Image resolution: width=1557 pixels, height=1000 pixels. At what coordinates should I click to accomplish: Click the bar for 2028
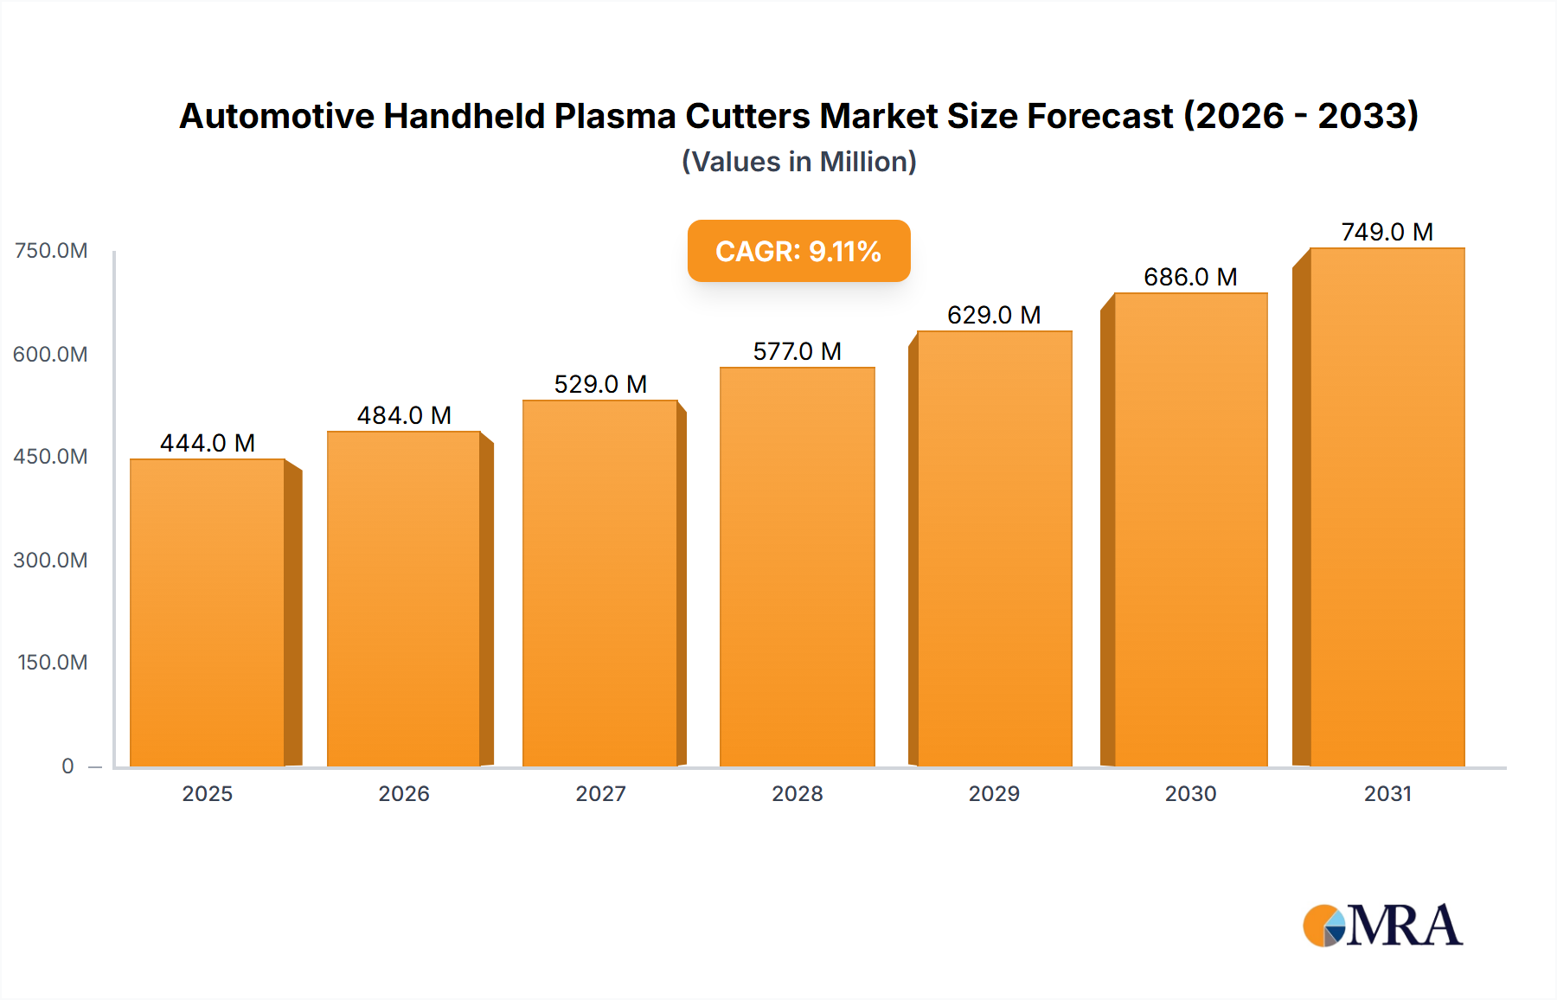[x=797, y=567]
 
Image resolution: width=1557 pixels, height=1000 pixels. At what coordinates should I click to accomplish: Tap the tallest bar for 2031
[x=1387, y=507]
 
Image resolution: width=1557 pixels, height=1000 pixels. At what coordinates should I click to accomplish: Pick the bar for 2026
[x=404, y=599]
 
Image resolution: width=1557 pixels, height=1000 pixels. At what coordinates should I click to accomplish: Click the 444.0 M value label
[x=208, y=443]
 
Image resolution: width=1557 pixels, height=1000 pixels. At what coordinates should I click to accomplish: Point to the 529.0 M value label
[x=600, y=384]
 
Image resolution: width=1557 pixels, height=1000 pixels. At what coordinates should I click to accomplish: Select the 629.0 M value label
[x=994, y=315]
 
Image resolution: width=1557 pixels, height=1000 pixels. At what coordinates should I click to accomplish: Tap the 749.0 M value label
[x=1387, y=232]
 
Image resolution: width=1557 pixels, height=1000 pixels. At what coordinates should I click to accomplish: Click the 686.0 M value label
[x=1190, y=277]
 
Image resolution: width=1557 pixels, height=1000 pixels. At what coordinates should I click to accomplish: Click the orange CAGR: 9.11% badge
[x=798, y=251]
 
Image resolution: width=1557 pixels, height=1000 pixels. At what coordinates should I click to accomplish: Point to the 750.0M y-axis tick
[x=51, y=251]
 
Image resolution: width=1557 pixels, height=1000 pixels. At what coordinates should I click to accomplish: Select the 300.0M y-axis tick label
[x=51, y=560]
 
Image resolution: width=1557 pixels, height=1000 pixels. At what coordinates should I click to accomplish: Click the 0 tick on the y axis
[x=67, y=766]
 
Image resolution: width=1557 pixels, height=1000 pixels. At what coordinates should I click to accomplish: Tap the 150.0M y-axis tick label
[x=53, y=663]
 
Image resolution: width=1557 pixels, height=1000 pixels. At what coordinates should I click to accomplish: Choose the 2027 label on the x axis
[x=600, y=793]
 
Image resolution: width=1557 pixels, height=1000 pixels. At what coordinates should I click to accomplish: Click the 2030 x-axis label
[x=1190, y=793]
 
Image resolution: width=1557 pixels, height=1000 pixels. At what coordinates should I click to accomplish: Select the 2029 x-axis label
[x=994, y=793]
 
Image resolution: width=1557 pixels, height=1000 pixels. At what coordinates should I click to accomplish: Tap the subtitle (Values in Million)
[x=798, y=162]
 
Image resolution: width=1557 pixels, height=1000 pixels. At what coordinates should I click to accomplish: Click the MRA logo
[x=1382, y=926]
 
